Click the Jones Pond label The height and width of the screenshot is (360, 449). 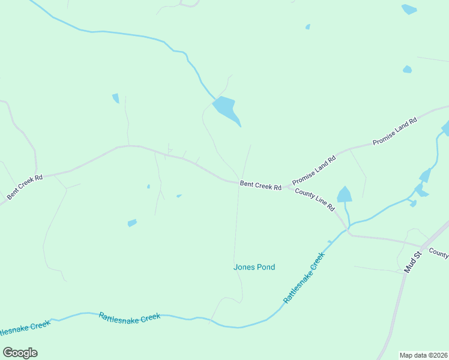pyautogui.click(x=254, y=267)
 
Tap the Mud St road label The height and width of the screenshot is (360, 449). pyautogui.click(x=414, y=262)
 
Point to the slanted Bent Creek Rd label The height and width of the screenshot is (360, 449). pyautogui.click(x=25, y=187)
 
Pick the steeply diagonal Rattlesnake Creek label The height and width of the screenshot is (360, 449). pyautogui.click(x=304, y=277)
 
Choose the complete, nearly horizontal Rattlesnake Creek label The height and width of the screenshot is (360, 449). pyautogui.click(x=130, y=317)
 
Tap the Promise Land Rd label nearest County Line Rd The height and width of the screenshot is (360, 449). pyautogui.click(x=313, y=169)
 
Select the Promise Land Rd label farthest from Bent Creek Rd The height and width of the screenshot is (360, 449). pyautogui.click(x=394, y=132)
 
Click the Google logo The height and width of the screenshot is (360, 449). pyautogui.click(x=20, y=353)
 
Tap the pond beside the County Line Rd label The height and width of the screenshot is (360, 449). pyautogui.click(x=344, y=194)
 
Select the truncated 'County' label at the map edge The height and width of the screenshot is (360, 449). pyautogui.click(x=438, y=254)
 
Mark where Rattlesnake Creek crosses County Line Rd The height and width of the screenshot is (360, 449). pyautogui.click(x=348, y=229)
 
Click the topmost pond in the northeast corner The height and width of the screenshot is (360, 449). pyautogui.click(x=409, y=9)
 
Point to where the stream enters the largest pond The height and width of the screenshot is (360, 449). pyautogui.click(x=214, y=98)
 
